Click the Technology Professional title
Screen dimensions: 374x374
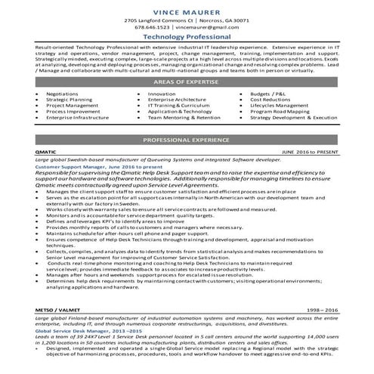click(187, 37)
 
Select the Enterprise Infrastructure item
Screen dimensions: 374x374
click(79, 118)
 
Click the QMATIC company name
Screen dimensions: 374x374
click(47, 153)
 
